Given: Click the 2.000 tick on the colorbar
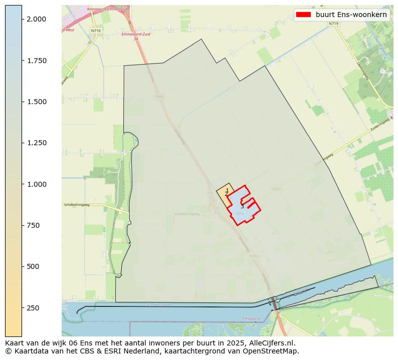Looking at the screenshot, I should pyautogui.click(x=37, y=19).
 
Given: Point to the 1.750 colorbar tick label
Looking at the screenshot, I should pyautogui.click(x=37, y=61).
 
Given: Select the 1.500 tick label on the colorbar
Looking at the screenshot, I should pyautogui.click(x=37, y=102).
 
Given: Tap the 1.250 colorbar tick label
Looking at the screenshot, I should pyautogui.click(x=37, y=143).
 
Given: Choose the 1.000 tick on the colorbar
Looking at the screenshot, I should pyautogui.click(x=37, y=184).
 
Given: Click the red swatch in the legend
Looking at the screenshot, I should pyautogui.click(x=303, y=15).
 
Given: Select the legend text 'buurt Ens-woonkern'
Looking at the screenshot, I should pyautogui.click(x=351, y=15).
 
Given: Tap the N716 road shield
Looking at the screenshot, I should pyautogui.click(x=96, y=31).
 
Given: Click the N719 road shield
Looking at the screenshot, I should pyautogui.click(x=333, y=24).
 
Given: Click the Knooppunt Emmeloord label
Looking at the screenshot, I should pyautogui.click(x=106, y=9).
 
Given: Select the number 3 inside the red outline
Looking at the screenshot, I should pyautogui.click(x=242, y=206).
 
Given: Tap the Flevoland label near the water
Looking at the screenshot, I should pyautogui.click(x=251, y=318).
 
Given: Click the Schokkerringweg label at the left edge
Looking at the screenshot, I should pyautogui.click(x=76, y=205).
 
